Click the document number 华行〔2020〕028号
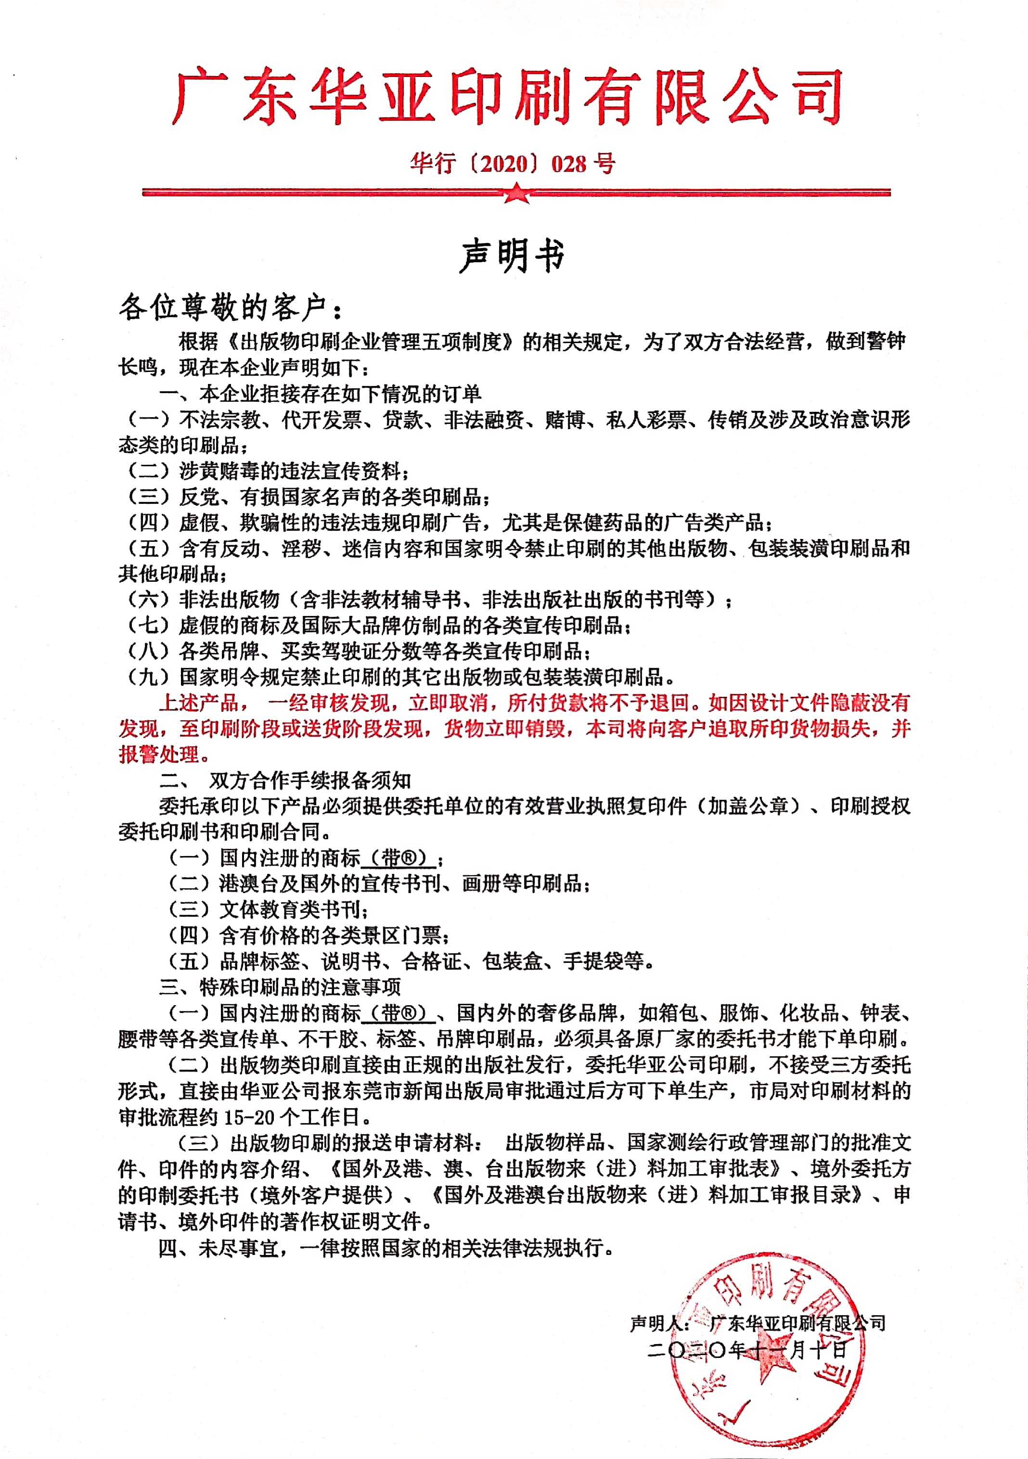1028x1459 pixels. pos(513,164)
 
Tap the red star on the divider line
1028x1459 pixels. pos(516,192)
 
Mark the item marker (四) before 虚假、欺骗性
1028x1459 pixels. pos(149,522)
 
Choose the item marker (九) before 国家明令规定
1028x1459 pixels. pos(149,677)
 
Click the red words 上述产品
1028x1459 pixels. pos(198,703)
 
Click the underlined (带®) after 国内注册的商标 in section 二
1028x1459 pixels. pos(398,858)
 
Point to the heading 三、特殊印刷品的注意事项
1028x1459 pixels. pos(280,987)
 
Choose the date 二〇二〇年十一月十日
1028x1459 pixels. pos(747,1350)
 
